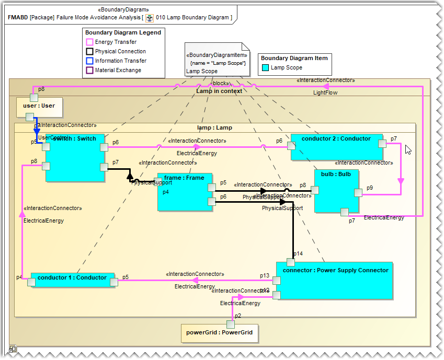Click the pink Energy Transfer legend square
point(90,42)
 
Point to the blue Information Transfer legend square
point(90,61)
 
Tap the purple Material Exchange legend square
point(90,71)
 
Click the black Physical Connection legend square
point(90,52)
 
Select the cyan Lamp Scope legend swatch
point(266,67)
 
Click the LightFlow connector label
point(325,92)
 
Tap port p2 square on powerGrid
point(231,324)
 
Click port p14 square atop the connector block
point(290,262)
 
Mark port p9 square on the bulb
point(358,193)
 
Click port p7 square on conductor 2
point(382,144)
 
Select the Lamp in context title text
point(219,91)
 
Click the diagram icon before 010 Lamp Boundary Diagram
point(150,18)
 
